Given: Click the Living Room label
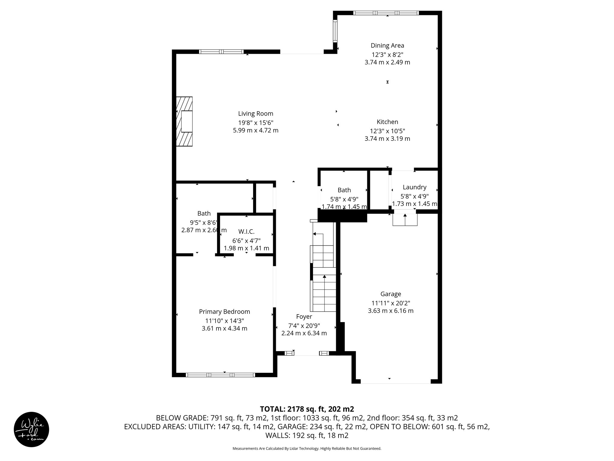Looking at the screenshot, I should (255, 113).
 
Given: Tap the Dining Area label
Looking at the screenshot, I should (387, 46).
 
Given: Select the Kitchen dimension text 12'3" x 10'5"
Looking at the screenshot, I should (387, 131).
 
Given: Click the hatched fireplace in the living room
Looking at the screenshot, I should (184, 121).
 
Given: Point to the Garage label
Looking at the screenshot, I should (390, 294).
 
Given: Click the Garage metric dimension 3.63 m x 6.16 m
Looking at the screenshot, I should (390, 311).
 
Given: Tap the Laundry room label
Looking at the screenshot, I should (414, 187).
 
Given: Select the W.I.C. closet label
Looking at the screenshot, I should (246, 232).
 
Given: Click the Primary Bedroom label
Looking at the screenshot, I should (224, 312).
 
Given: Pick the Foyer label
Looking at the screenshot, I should (304, 317).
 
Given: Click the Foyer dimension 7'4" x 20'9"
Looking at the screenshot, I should (304, 325).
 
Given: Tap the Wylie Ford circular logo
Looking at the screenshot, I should (31, 429).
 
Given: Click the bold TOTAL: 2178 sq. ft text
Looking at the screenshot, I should (307, 409).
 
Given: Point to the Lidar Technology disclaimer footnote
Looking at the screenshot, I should (307, 448).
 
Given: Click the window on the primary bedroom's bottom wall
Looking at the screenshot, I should (220, 375).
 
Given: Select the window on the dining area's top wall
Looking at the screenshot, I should (386, 13).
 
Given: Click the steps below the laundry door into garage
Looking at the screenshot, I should (405, 219).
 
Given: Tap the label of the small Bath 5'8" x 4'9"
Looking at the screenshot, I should (344, 190).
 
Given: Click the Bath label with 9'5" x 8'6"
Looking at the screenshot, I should (204, 213).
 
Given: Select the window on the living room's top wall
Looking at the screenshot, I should (221, 52).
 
